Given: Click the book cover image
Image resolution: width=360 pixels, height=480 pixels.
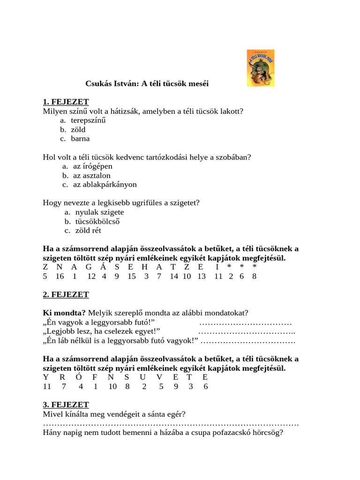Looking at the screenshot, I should pyautogui.click(x=261, y=68).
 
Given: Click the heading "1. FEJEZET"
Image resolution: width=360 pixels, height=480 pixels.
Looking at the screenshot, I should pyautogui.click(x=66, y=102).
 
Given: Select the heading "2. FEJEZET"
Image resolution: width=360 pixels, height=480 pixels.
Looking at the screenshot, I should pyautogui.click(x=66, y=294).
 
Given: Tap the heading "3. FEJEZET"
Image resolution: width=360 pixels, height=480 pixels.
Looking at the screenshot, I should pyautogui.click(x=66, y=405).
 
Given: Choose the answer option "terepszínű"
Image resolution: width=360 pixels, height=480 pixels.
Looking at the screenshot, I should pyautogui.click(x=88, y=120).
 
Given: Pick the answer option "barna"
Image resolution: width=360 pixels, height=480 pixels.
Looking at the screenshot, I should pyautogui.click(x=80, y=138).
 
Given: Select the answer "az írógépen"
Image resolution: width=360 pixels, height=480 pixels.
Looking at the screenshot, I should pyautogui.click(x=93, y=166).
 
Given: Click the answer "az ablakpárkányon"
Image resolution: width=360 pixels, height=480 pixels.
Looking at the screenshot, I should pyautogui.click(x=105, y=184).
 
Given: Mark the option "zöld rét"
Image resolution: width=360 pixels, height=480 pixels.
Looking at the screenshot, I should pyautogui.click(x=88, y=230).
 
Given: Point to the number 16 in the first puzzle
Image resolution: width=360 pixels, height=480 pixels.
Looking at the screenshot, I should pyautogui.click(x=60, y=276).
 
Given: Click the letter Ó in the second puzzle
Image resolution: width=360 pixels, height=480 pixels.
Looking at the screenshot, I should pyautogui.click(x=80, y=377).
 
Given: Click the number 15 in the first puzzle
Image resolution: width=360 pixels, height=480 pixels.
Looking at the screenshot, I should pyautogui.click(x=132, y=276).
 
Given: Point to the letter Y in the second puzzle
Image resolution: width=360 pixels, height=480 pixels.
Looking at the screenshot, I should pyautogui.click(x=45, y=377).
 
